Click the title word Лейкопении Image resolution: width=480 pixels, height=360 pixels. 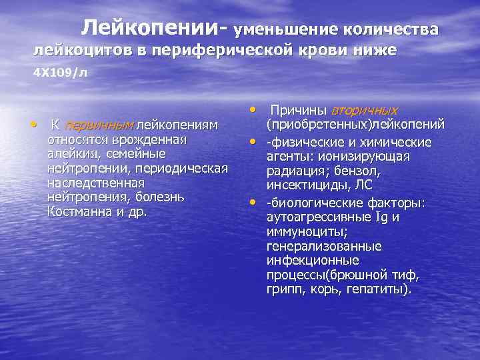[153, 27]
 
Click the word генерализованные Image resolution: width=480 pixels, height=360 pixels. [324, 247]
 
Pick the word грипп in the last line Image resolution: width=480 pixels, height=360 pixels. [282, 290]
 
